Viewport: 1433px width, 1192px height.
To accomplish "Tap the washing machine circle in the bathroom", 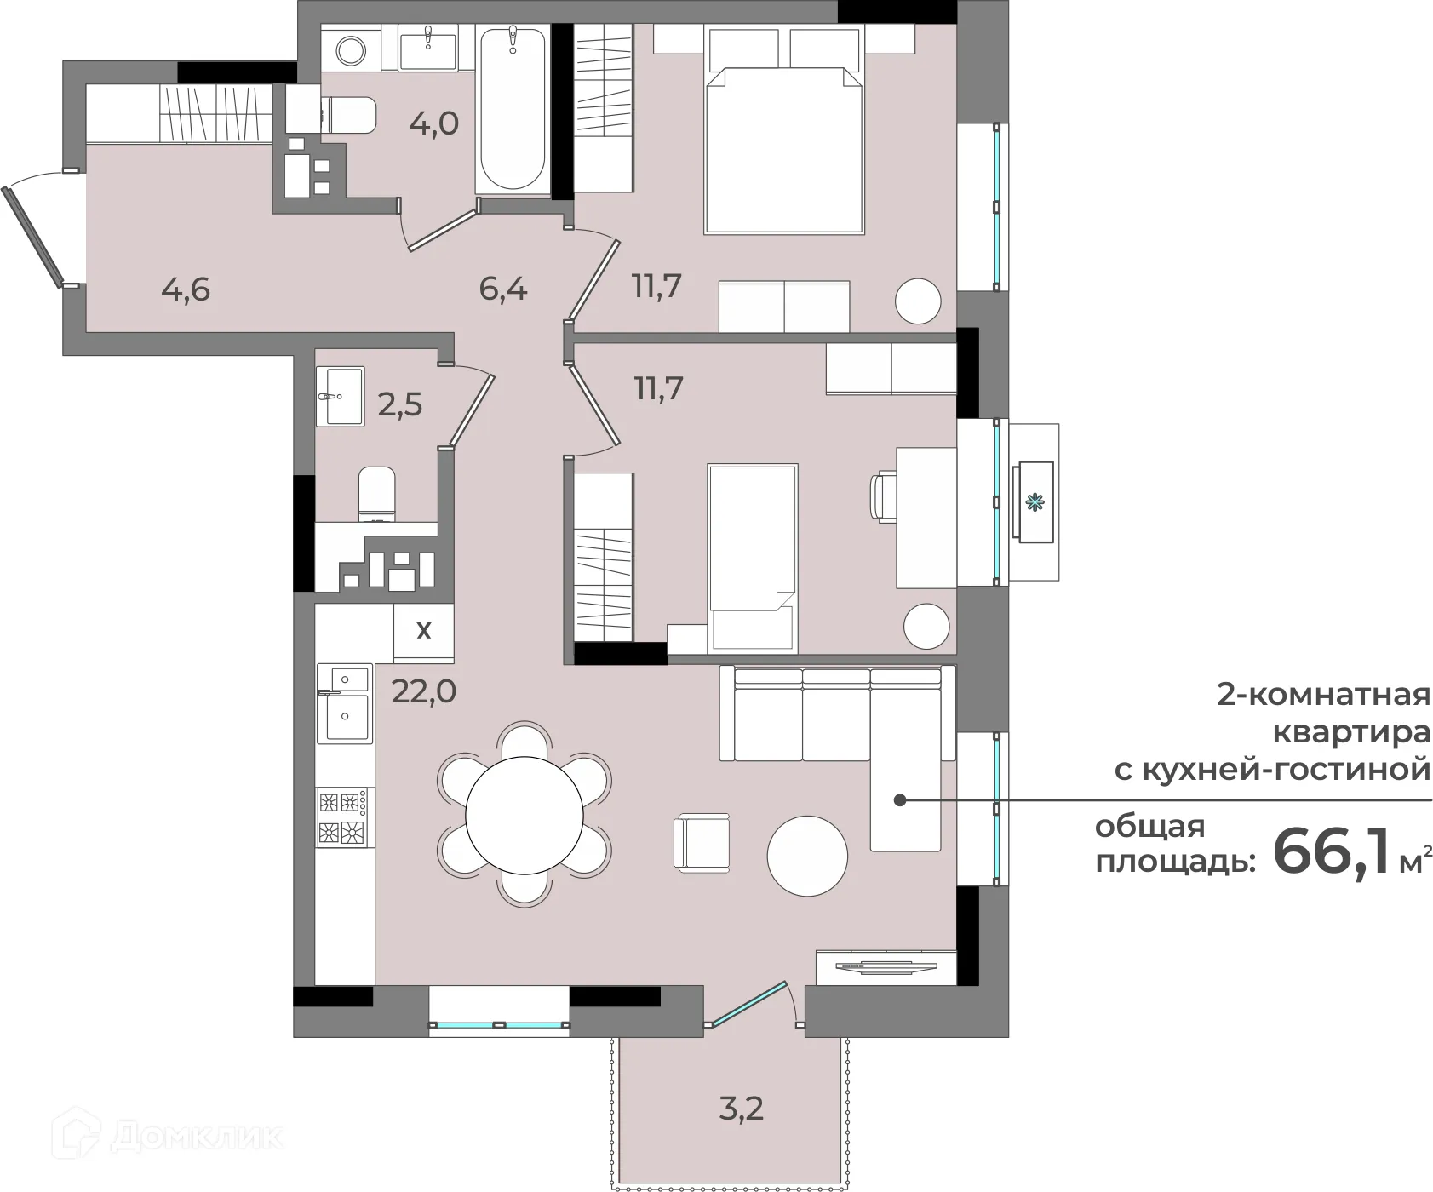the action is point(350,49).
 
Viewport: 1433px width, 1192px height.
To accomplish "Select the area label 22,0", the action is point(423,691).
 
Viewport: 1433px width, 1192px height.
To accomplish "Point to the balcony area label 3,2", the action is point(742,1109).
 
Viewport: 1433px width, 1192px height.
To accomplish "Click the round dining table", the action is point(524,815).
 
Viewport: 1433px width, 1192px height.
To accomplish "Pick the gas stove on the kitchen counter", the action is point(344,817).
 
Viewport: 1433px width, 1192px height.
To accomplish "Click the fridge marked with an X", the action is point(423,631).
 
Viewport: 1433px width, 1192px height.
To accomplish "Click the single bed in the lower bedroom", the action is point(752,558).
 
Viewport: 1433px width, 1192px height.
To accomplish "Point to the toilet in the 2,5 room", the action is point(376,494).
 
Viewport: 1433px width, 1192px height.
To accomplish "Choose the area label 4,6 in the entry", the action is point(186,289).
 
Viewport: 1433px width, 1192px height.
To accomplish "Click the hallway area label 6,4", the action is point(503,289).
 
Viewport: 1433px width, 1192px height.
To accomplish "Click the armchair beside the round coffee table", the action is point(702,842).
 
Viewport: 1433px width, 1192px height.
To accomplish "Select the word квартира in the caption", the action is point(1350,731).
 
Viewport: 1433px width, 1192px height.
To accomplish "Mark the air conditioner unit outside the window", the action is point(1034,502).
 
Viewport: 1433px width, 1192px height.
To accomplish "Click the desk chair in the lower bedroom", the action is point(883,496).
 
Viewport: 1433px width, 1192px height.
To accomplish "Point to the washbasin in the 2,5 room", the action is point(340,396).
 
